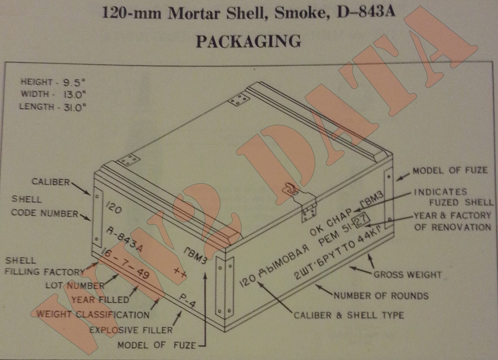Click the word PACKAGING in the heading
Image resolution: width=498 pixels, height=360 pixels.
[248, 41]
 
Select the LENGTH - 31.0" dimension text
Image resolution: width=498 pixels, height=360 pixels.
[52, 107]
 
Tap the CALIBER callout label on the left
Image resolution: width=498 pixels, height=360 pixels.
[51, 182]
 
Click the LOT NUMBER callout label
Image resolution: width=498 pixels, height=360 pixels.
[75, 286]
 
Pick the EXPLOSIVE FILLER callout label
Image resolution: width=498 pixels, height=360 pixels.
[131, 330]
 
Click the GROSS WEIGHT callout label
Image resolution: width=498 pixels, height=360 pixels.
[407, 275]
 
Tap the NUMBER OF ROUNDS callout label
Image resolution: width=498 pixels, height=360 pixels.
[381, 296]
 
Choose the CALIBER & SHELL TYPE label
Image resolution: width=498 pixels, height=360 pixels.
[349, 315]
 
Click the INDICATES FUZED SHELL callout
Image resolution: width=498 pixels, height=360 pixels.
[453, 197]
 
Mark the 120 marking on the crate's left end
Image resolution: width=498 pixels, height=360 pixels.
[113, 207]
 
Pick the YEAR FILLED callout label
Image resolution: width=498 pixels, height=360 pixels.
[100, 300]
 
